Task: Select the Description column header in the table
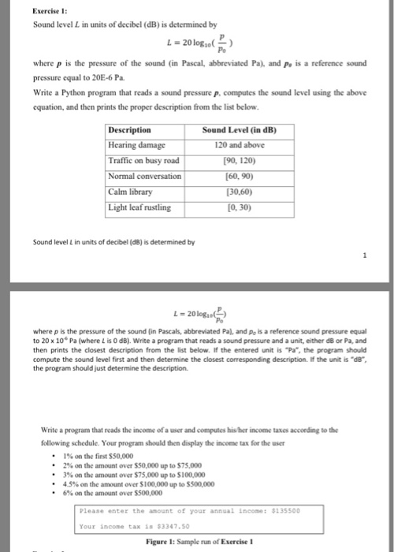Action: (x=131, y=130)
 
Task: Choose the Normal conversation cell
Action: (x=145, y=176)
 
